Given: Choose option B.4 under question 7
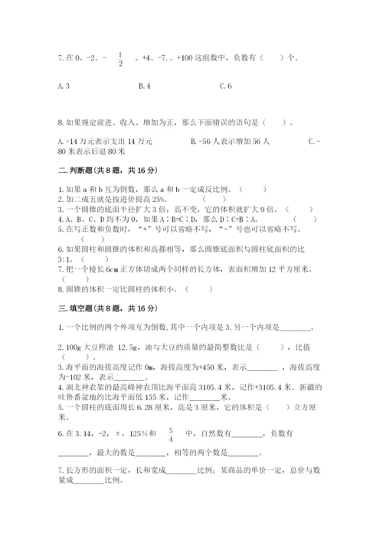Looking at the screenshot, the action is (143, 86).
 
